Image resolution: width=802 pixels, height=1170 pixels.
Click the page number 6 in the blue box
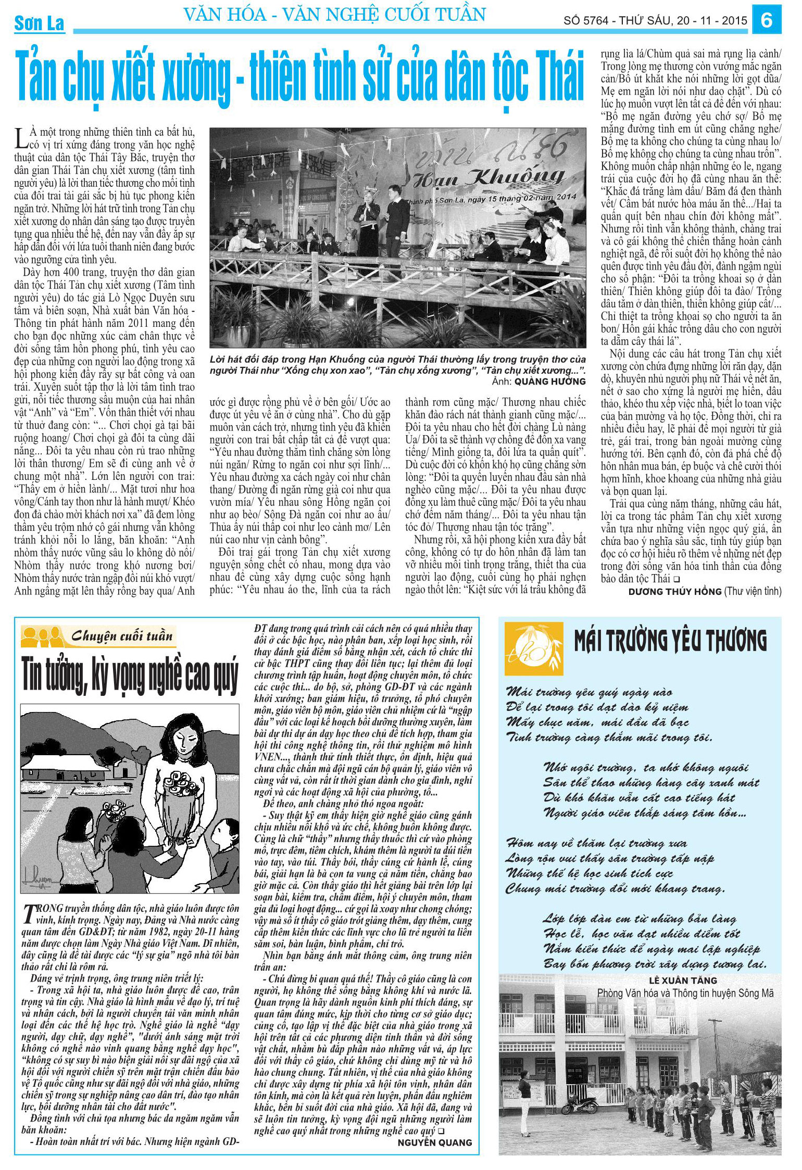tap(766, 21)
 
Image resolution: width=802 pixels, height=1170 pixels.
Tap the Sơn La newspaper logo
tap(39, 23)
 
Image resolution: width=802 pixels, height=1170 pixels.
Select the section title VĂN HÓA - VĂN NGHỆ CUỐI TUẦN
tap(335, 15)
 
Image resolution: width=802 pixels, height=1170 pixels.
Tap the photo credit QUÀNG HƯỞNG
tap(550, 381)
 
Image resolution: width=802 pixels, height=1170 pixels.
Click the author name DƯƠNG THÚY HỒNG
tap(674, 592)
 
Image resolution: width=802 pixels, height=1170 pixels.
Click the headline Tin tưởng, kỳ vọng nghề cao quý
tap(130, 676)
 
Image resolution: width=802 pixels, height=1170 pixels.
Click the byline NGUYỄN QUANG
tap(435, 1142)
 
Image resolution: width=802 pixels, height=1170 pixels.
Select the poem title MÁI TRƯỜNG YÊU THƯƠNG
tap(670, 641)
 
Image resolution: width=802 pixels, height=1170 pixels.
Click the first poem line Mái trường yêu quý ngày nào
tap(589, 692)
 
